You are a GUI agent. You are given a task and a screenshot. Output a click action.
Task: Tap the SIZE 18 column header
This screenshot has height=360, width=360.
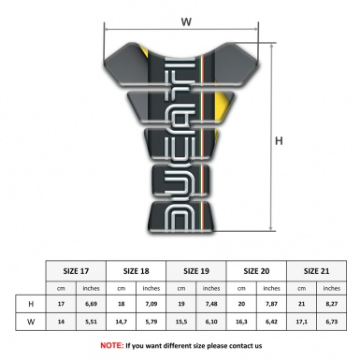point(137,270)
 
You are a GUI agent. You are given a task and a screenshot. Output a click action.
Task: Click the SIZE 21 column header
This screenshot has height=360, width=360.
point(317,270)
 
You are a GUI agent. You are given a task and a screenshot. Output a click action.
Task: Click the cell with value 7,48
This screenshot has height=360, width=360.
point(212,304)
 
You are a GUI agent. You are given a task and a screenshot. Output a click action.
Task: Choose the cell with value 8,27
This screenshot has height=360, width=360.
point(333,304)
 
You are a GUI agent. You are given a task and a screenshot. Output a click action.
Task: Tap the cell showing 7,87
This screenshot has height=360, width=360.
point(272,304)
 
